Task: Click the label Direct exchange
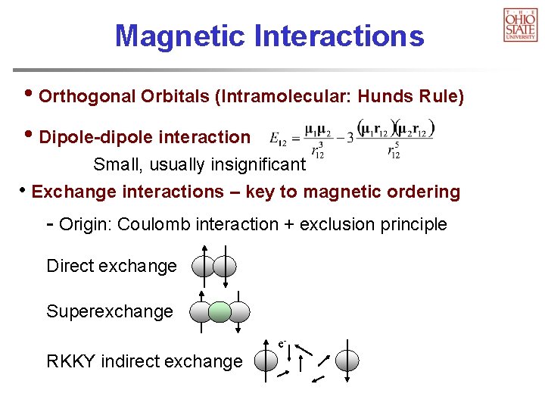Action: coord(111,266)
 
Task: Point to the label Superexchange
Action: coord(110,311)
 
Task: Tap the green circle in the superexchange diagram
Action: coord(220,312)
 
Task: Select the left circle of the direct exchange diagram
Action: coord(204,267)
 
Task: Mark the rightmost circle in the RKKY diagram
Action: coord(347,361)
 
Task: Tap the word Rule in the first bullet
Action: coord(443,97)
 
